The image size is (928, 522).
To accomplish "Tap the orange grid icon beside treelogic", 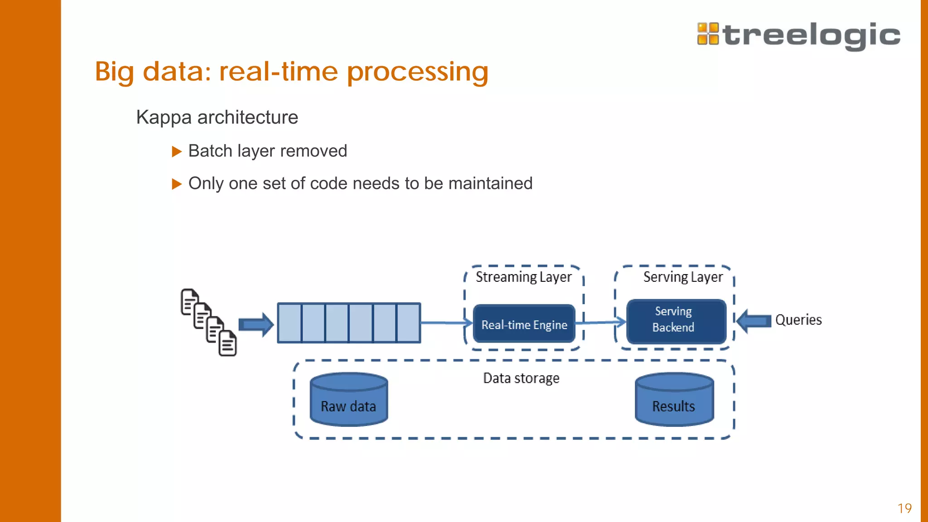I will pos(708,34).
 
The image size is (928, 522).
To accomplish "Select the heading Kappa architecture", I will pos(217,117).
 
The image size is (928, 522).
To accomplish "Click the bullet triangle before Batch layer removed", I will pos(176,151).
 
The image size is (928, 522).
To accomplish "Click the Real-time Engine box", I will pos(524,324).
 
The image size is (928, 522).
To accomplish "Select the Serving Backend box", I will pos(676,321).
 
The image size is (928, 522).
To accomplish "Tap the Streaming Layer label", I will pos(523,277).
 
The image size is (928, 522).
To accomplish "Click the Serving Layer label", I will pos(682,277).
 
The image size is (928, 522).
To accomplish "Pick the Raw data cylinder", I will pos(348,400).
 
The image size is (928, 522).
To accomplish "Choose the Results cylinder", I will pos(674,400).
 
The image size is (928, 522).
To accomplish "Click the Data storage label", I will pos(521,378).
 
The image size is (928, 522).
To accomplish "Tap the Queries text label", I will pos(798,320).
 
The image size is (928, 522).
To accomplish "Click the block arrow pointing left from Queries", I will pos(754,321).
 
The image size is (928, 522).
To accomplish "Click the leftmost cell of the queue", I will pos(290,323).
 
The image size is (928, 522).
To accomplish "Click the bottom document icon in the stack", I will pos(228,343).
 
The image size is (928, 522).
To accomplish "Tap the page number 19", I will pos(904,508).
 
